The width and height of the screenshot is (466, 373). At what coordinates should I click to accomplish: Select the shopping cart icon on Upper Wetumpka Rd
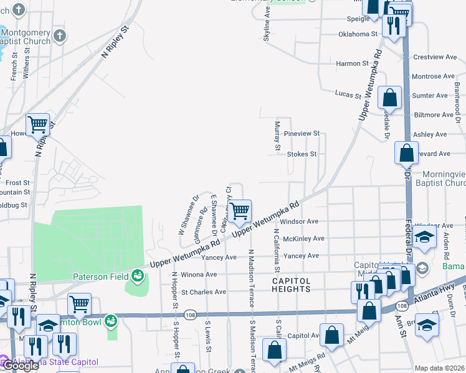point(239,213)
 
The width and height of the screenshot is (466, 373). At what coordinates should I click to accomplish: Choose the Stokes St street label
point(302,154)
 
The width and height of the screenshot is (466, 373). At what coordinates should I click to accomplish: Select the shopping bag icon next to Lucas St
point(389,98)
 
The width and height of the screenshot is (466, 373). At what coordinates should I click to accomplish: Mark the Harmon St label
point(352,63)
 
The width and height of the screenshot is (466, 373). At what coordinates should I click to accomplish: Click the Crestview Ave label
point(435,57)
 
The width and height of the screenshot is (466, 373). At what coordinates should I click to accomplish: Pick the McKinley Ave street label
point(303,239)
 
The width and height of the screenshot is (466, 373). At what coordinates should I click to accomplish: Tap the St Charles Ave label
point(204,292)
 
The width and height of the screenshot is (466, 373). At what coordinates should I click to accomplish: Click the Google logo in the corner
point(20,366)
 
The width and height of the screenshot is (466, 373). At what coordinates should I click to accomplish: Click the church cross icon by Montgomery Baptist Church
point(60,35)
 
